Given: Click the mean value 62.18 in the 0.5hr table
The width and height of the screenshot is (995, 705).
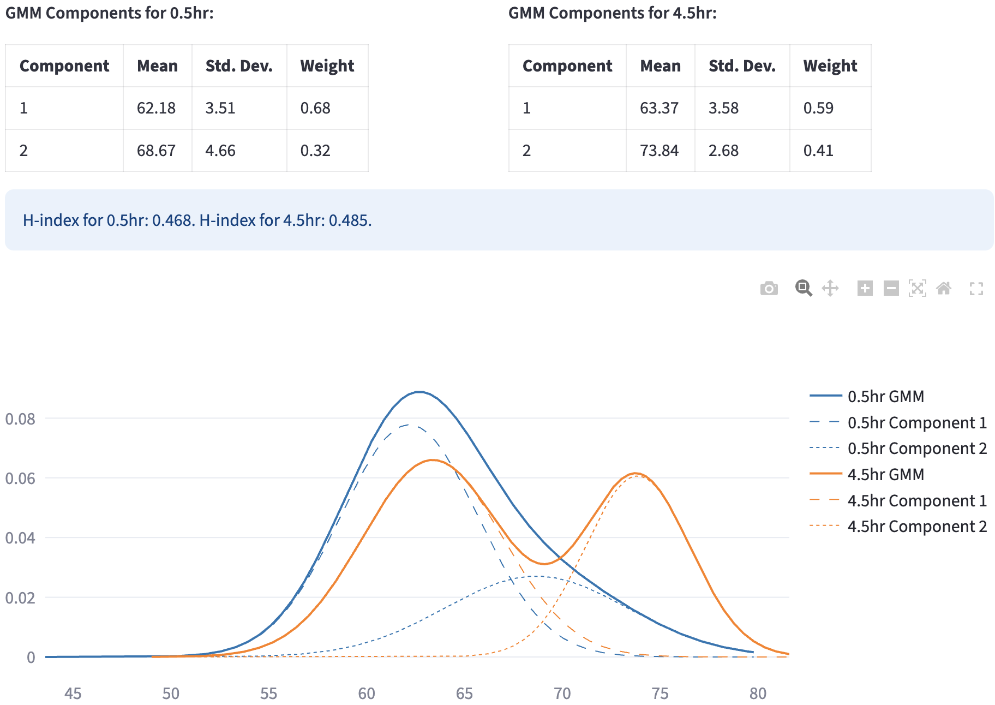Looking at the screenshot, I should (x=156, y=108).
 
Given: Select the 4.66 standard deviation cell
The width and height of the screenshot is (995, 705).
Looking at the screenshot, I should (x=220, y=151).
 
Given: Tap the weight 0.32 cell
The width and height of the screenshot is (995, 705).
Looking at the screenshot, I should (x=315, y=151).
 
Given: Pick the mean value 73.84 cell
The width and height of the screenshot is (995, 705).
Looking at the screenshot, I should (x=659, y=151).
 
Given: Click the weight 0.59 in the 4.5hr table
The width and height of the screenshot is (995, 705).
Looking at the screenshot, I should (x=818, y=108).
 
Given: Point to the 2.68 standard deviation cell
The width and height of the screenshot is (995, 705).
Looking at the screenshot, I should (x=723, y=151).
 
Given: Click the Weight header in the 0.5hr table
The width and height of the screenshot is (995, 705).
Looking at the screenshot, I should (x=327, y=66).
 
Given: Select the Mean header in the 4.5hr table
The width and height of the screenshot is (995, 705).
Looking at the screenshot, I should (x=660, y=66).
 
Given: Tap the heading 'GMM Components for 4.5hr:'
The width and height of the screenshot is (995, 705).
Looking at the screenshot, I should (x=612, y=13).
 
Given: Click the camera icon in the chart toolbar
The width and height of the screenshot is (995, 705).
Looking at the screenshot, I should (x=769, y=288).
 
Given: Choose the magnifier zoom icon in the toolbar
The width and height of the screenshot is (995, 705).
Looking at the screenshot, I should (x=804, y=288).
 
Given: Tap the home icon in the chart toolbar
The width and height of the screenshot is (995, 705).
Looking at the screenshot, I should (x=944, y=288).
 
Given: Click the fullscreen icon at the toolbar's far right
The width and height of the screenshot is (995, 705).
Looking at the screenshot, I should (x=976, y=288).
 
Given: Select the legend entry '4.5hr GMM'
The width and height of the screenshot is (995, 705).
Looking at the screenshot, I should (x=885, y=474).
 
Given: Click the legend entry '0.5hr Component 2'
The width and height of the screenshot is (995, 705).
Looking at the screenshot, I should (x=917, y=449).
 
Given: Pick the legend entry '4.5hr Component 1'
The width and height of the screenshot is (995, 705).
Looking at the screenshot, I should (x=917, y=500).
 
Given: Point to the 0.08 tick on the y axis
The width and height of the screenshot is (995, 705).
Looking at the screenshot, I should (x=20, y=419).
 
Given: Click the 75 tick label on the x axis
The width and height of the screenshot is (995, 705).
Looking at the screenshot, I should (x=660, y=694).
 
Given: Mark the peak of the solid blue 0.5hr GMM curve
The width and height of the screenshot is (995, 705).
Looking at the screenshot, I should (x=418, y=392).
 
